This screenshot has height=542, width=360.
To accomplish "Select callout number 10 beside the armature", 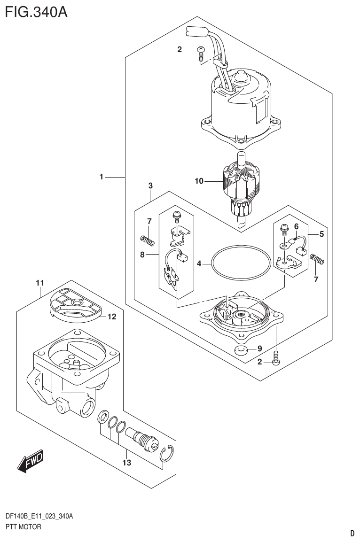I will point(199,181).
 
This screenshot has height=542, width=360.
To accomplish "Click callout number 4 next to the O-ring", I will point(199,264).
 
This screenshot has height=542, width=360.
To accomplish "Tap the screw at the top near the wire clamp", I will point(200,53).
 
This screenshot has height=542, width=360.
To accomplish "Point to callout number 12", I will point(111,317).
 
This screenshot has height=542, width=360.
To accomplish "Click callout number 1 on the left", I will point(101,177).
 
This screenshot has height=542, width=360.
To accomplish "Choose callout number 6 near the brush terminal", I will point(296,226).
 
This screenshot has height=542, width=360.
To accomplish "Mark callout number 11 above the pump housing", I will point(39,283).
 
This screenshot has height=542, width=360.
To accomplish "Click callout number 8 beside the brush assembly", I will point(143,255).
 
